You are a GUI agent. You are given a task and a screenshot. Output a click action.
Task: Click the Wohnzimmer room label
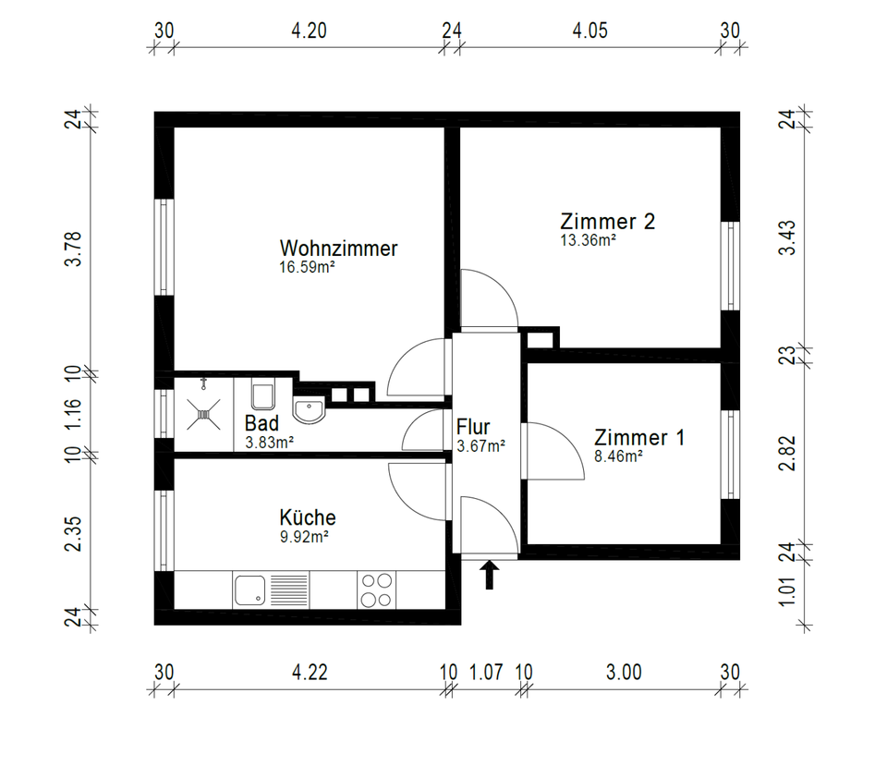(338, 249)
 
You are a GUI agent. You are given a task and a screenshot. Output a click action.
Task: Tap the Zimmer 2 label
(608, 221)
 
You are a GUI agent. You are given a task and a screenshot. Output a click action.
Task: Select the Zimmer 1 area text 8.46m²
(618, 456)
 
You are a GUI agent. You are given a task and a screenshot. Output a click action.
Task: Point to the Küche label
(307, 517)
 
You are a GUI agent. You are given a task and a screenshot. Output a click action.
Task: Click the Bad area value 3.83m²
(269, 443)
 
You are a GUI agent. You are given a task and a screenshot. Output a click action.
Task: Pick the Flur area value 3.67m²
(480, 446)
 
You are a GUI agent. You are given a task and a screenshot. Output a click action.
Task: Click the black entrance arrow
(490, 575)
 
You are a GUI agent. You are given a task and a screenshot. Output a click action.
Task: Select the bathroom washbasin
(309, 409)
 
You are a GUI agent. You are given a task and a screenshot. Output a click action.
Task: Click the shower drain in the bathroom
(203, 415)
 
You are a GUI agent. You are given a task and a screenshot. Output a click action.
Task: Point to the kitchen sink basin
(250, 590)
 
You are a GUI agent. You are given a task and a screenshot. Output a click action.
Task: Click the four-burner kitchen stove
(377, 590)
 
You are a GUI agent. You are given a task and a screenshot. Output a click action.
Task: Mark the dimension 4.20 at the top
(309, 30)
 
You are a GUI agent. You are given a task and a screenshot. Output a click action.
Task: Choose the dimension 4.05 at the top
(590, 30)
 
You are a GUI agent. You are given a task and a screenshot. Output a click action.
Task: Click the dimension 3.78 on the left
(74, 249)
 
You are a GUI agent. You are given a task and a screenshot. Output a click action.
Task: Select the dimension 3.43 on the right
(787, 237)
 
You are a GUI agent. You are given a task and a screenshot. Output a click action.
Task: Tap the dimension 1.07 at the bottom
(486, 672)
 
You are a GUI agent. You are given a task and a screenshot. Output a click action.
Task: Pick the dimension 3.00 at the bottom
(624, 672)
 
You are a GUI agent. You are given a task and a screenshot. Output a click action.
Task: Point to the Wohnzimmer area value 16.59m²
(307, 267)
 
